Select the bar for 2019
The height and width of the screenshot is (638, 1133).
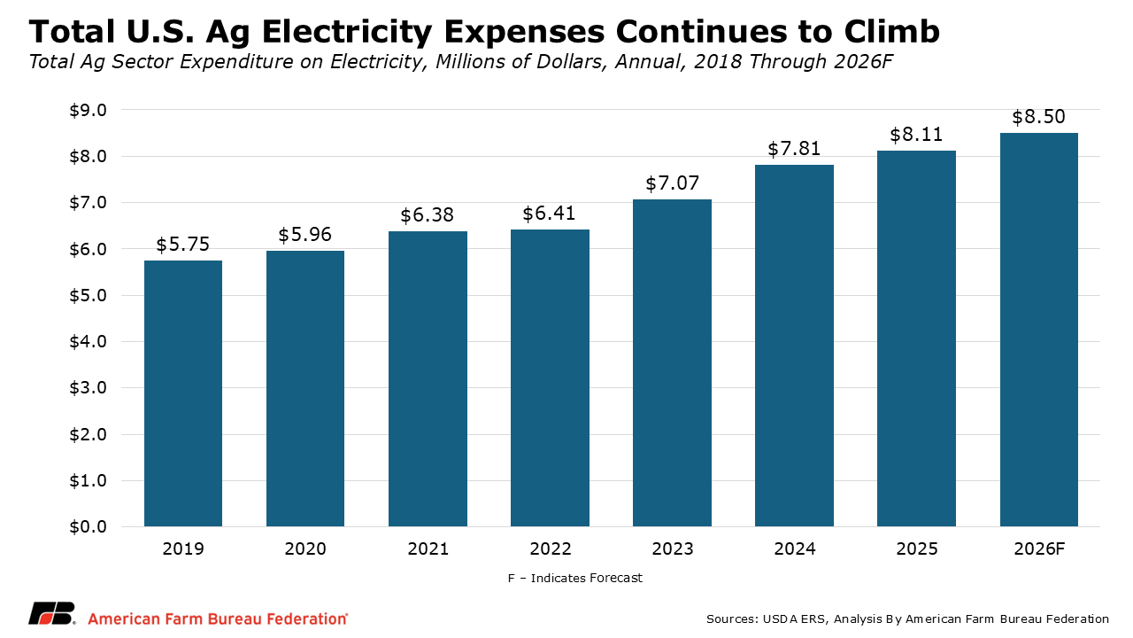[183, 393]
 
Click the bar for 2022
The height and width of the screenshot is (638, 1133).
[550, 378]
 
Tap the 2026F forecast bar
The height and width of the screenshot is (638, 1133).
[1038, 330]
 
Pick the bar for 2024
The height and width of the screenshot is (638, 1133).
[794, 346]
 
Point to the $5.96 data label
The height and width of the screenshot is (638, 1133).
[305, 235]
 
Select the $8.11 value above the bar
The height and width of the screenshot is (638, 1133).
[916, 135]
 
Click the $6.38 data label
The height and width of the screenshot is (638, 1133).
[428, 216]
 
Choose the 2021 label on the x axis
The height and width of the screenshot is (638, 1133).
[428, 549]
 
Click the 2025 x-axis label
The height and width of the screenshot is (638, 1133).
[916, 549]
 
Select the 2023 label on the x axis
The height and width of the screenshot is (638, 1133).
[672, 549]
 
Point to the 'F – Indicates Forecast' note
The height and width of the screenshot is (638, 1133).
[575, 578]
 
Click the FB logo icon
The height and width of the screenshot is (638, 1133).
[52, 614]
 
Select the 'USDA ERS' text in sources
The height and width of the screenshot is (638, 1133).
[785, 619]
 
